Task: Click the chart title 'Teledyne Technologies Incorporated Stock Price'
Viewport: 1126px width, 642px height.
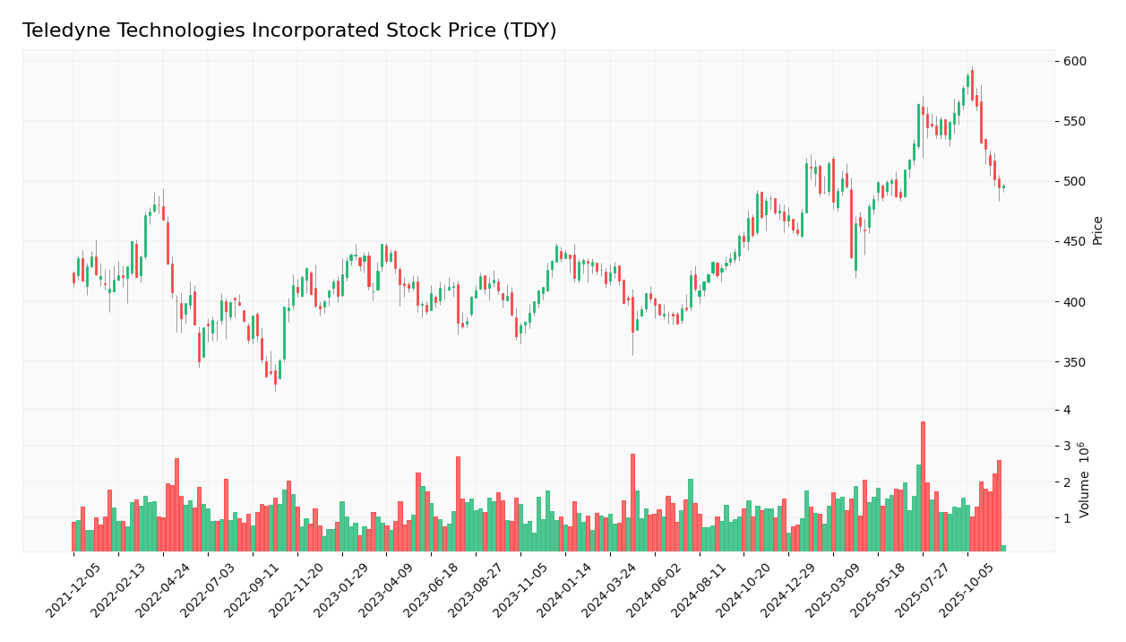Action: point(289,31)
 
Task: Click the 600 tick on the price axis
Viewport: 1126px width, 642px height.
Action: point(1075,61)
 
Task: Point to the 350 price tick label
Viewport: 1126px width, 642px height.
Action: point(1075,362)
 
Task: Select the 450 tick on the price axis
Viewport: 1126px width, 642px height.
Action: point(1075,242)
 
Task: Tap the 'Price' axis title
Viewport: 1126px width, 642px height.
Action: point(1098,230)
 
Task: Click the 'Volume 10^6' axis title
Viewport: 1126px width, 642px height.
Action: point(1085,480)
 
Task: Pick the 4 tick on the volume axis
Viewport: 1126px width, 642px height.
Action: point(1066,410)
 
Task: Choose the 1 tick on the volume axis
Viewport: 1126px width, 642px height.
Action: point(1066,518)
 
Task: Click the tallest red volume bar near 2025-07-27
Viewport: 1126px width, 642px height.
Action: point(923,486)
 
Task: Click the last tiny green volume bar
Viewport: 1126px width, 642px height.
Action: point(1003,548)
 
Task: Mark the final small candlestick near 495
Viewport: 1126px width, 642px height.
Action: point(1003,187)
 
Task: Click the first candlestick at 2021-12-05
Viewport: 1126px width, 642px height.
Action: point(73,278)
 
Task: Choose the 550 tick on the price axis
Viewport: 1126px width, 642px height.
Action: point(1075,121)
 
